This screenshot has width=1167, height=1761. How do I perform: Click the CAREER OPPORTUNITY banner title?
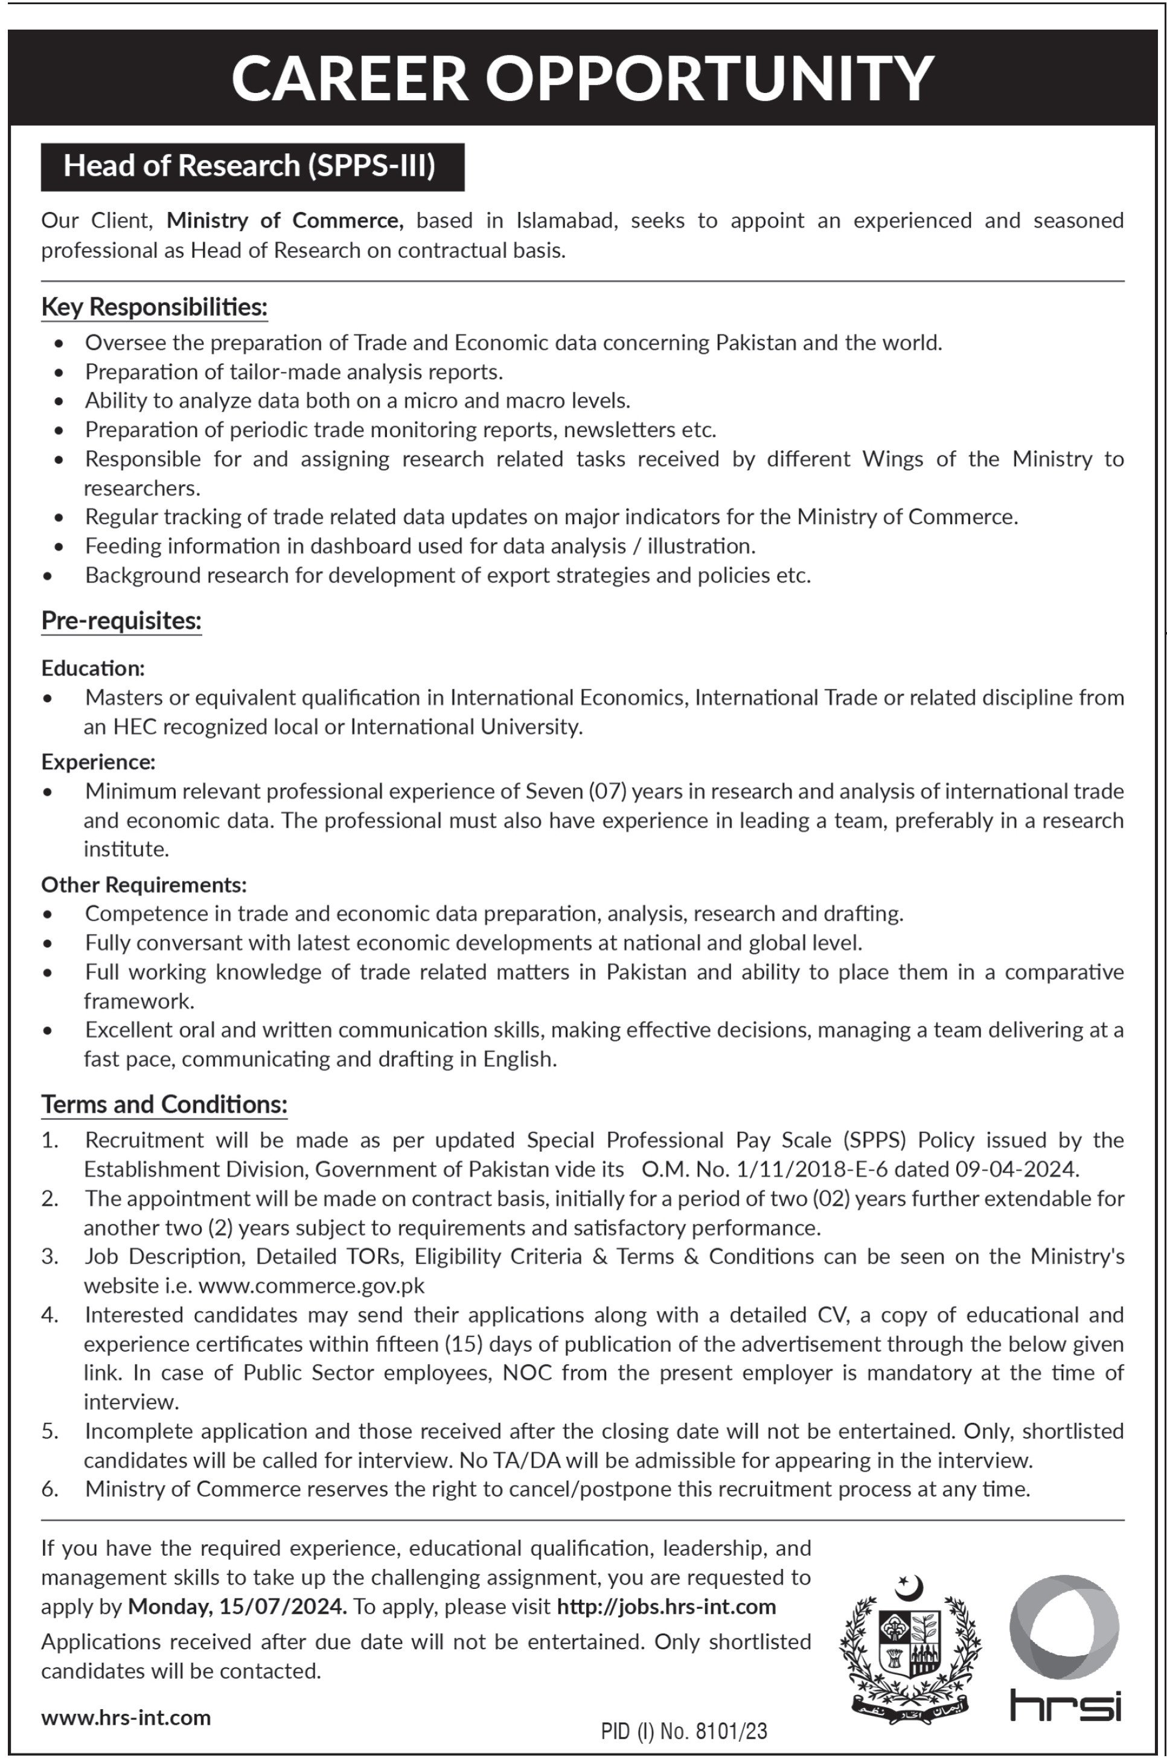583,78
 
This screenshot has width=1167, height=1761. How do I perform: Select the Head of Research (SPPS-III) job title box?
252,166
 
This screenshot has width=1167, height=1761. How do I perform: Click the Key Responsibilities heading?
154,307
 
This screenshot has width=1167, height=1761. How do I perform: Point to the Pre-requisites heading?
121,621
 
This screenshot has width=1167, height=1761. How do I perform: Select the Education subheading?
93,668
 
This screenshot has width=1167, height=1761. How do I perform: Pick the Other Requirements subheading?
144,884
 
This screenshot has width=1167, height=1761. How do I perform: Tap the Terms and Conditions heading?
164,1104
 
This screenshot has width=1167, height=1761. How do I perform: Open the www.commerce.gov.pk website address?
312,1285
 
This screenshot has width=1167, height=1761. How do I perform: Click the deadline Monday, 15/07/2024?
237,1606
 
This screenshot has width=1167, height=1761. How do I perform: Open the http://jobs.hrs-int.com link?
666,1606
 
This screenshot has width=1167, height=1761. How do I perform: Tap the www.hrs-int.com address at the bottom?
126,1717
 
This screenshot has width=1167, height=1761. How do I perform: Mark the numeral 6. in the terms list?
50,1489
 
